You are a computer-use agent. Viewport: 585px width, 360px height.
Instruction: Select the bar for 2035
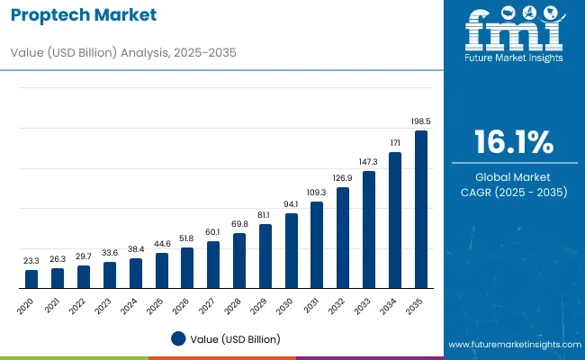point(420,209)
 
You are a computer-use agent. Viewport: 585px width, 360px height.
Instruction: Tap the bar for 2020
point(31,278)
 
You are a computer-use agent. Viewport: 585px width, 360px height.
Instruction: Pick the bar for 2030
point(291,250)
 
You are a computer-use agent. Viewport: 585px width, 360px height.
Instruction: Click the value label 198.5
point(420,121)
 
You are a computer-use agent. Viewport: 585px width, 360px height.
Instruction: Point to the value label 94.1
point(291,204)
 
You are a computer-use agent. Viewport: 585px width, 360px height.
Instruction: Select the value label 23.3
point(31,260)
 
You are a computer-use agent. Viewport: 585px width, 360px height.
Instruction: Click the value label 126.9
point(343,178)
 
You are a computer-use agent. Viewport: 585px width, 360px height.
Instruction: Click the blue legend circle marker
point(178,339)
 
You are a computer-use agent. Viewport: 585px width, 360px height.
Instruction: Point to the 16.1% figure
point(514,142)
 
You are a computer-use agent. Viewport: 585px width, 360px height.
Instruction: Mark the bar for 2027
point(213,264)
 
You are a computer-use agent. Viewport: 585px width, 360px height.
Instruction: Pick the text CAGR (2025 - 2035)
point(514,192)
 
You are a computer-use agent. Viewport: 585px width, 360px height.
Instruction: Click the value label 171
point(394,142)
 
